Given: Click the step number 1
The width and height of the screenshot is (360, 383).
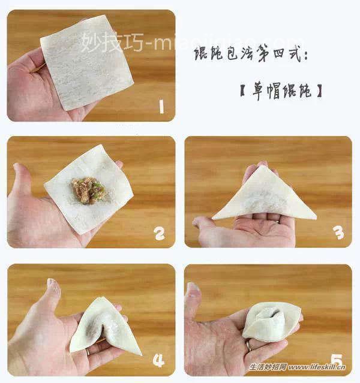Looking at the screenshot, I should pyautogui.click(x=160, y=107).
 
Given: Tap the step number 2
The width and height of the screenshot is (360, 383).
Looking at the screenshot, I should pyautogui.click(x=159, y=233).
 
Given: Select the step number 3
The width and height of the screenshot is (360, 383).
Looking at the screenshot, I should pyautogui.click(x=339, y=233).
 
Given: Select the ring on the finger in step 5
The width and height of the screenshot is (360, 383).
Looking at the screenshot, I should pyautogui.click(x=248, y=346).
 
